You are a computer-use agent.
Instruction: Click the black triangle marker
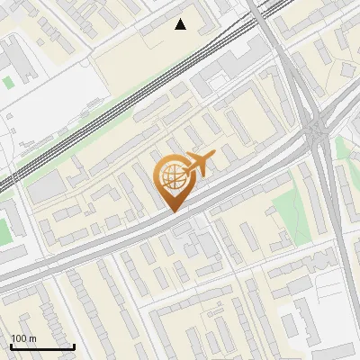point(181,24)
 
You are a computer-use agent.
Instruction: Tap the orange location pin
point(174,181)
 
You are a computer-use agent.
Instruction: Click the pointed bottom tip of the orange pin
point(174,211)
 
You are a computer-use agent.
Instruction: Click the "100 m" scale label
point(23,338)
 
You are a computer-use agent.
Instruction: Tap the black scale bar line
point(42,346)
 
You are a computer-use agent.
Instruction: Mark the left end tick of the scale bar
point(11,346)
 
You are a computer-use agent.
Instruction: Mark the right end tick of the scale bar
point(74,346)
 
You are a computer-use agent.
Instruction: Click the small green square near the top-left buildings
point(8,82)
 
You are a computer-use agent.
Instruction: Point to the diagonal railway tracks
point(135,99)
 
